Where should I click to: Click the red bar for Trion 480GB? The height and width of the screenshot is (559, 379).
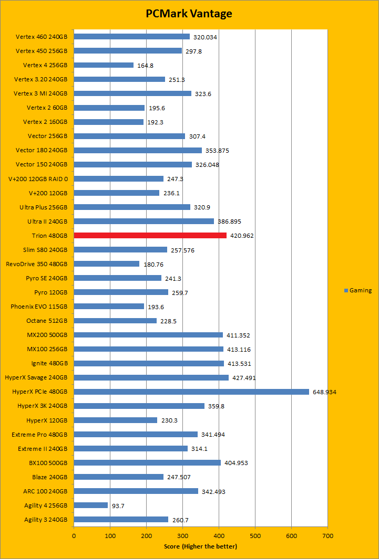150,236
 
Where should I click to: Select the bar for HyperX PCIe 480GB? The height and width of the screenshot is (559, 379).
191,392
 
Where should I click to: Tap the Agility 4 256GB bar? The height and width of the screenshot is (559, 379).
90,505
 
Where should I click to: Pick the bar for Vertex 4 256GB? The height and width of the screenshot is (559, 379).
104,65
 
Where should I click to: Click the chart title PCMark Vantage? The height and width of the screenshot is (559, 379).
189,14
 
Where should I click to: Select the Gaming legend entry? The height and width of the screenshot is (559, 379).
358,290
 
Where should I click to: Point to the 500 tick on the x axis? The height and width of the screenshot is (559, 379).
255,536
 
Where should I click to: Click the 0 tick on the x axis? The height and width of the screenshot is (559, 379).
74,536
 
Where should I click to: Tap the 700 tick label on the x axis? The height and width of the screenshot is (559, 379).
327,536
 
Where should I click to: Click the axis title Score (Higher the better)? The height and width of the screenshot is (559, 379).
200,546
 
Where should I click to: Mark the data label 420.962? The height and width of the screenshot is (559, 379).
242,236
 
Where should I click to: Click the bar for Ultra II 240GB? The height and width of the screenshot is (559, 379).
144,222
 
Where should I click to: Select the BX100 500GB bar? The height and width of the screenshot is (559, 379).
147,462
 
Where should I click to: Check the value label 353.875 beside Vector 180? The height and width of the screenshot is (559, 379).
217,151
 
